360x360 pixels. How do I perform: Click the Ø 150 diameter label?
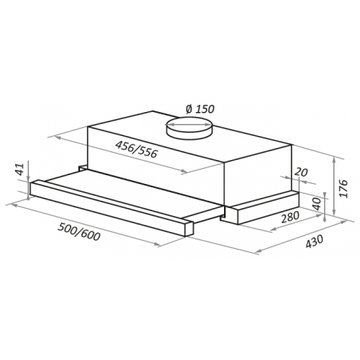click(200, 109)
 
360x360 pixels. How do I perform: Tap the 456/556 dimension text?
click(136, 149)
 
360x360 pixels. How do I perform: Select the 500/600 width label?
click(79, 232)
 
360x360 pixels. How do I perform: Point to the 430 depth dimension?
click(314, 242)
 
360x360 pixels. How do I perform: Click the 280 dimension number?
click(290, 217)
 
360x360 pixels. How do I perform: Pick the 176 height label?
click(344, 188)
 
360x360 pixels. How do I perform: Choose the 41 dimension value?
click(21, 169)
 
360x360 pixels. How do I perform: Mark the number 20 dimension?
click(301, 172)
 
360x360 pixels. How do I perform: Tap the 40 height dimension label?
click(317, 204)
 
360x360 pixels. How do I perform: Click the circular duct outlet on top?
click(189, 127)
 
